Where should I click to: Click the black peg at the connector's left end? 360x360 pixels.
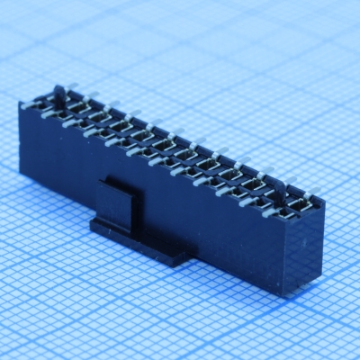pos(59,94)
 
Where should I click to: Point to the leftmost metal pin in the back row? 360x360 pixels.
pos(73,89)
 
